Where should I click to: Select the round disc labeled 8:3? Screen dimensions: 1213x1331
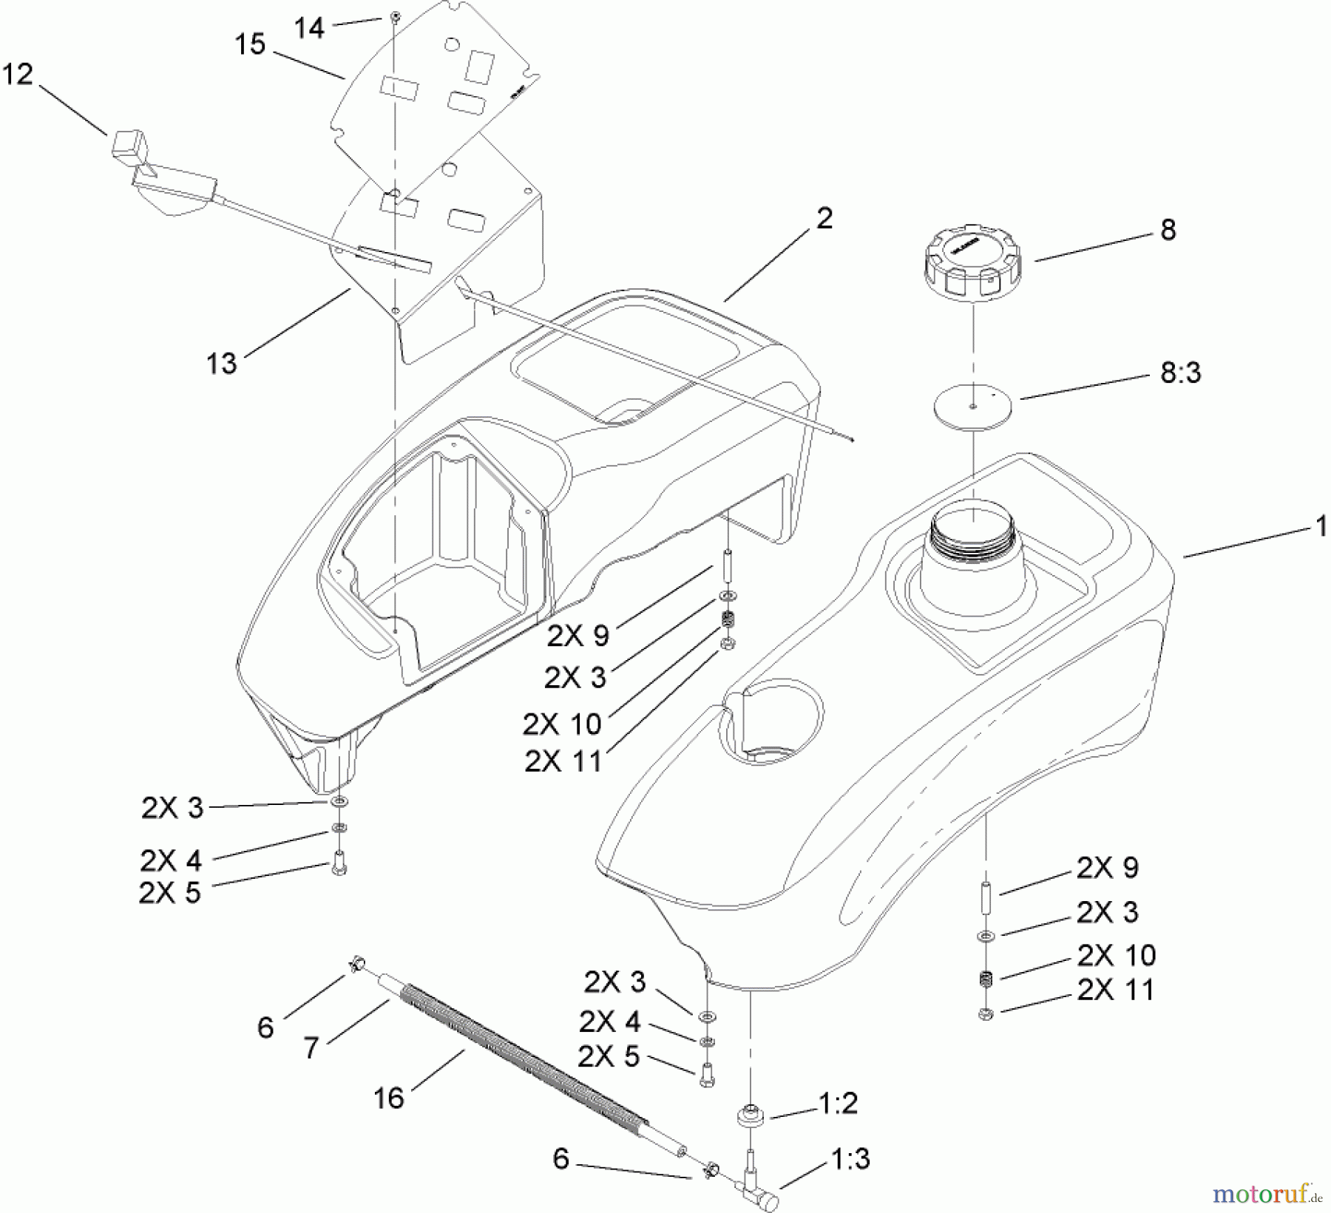972,408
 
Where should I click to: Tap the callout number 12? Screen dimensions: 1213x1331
18,75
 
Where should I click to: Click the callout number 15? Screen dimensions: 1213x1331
250,44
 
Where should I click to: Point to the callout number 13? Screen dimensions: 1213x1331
222,363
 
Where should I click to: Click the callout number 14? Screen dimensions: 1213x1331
309,28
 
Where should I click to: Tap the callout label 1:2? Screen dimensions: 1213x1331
838,1104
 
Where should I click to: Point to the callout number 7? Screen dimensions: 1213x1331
311,1048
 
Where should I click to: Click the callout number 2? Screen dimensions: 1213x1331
824,218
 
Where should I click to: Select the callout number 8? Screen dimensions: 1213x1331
1168,230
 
